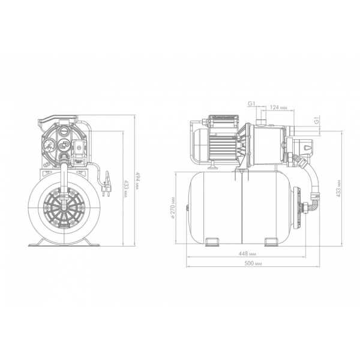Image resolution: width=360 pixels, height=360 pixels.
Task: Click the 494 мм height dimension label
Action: click(137, 181)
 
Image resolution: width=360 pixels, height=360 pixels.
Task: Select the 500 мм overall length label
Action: click(253, 263)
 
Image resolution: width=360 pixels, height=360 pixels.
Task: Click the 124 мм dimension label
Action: click(278, 107)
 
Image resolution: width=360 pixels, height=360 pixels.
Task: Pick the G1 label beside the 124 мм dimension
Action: click(251, 104)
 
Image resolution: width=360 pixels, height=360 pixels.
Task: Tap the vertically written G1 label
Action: click(317, 121)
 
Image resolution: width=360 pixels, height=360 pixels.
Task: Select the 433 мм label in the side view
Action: click(338, 188)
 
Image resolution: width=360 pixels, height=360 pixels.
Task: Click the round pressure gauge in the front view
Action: click(49, 146)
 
